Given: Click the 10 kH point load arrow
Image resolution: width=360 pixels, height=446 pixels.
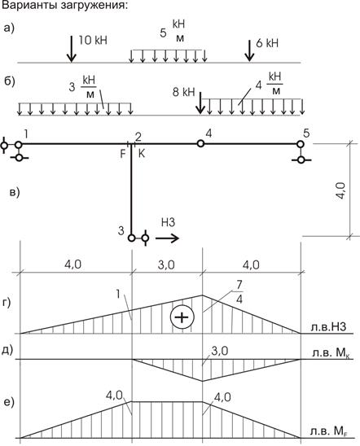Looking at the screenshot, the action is point(71,48).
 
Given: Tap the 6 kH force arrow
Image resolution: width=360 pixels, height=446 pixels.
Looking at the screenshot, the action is point(249,50).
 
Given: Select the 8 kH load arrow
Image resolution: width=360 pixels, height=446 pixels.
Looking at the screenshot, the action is point(200,103).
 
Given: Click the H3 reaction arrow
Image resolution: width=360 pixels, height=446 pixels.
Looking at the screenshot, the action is point(167,238).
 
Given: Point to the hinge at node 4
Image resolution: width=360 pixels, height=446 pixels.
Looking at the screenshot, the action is point(200,143).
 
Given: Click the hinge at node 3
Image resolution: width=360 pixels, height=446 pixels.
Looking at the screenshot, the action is point(131,238).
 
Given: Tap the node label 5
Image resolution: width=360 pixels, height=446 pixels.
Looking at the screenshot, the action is point(306,133).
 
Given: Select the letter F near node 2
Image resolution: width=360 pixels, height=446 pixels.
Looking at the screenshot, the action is point(123,154).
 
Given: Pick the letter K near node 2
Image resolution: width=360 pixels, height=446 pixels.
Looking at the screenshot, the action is point(142,154).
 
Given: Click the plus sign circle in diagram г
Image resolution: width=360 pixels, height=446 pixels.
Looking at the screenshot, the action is point(182,317).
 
